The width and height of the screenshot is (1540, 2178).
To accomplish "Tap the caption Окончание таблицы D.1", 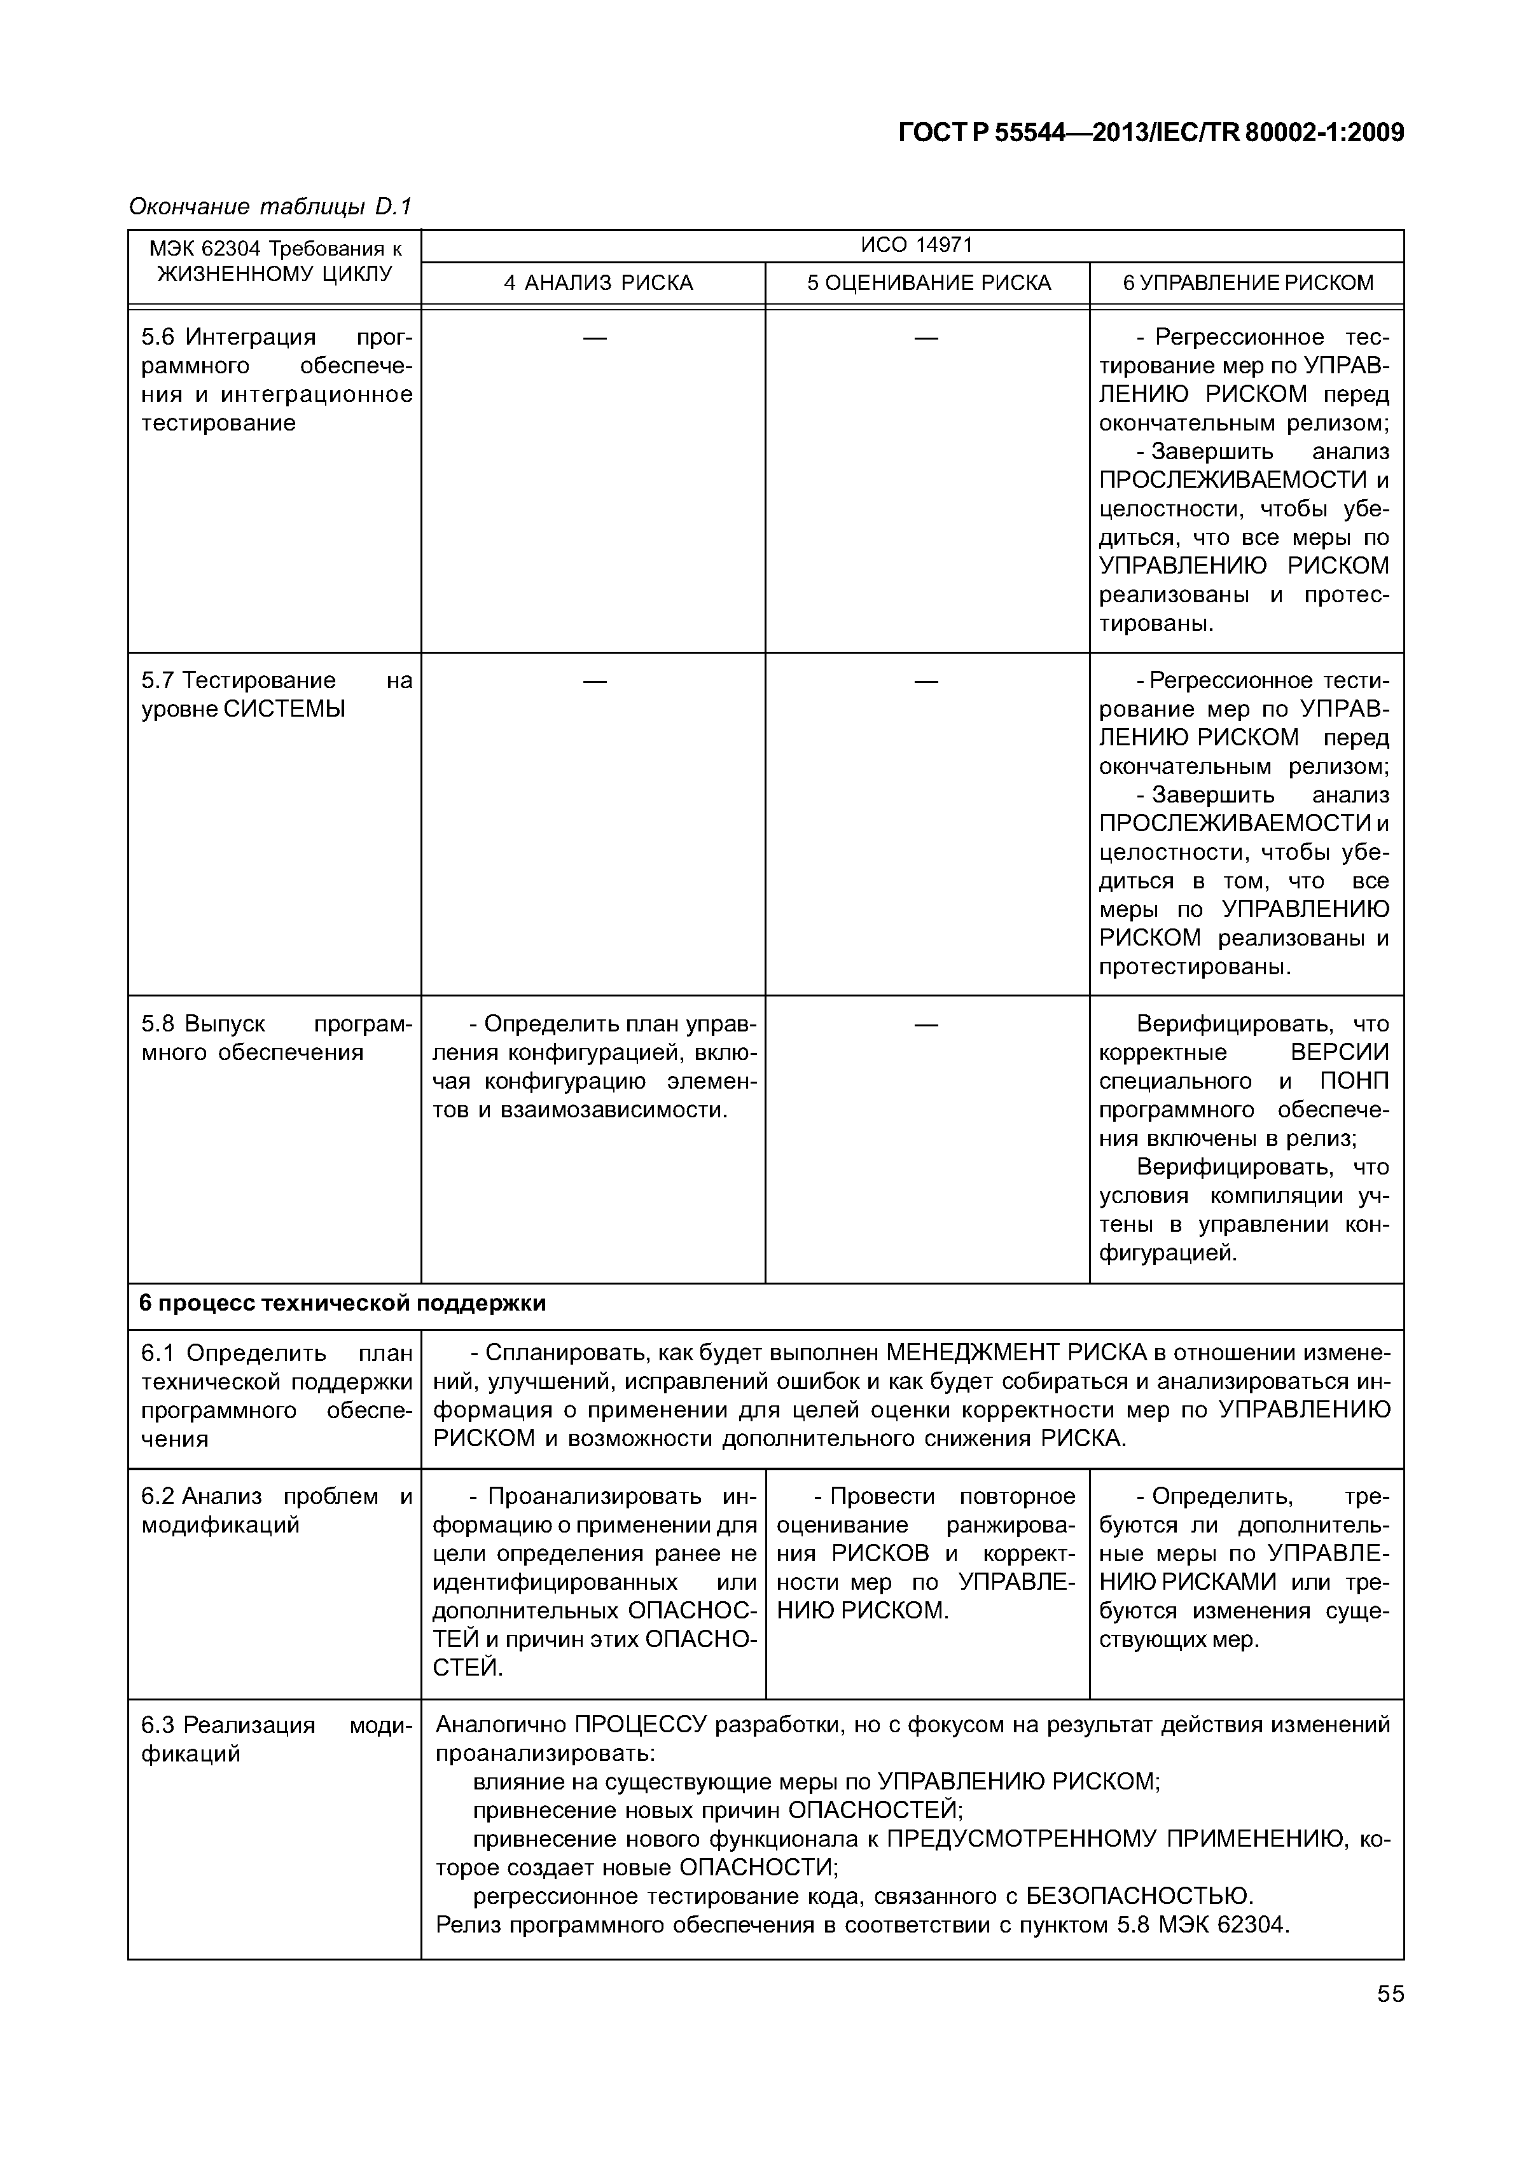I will point(270,206).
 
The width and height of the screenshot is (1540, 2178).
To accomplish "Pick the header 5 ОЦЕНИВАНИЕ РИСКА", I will point(928,283).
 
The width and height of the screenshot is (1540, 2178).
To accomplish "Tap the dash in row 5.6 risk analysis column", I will point(594,338).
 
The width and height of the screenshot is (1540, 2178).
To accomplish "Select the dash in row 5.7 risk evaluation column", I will point(926,681).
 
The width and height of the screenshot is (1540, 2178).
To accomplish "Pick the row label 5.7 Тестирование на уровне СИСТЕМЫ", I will point(275,694).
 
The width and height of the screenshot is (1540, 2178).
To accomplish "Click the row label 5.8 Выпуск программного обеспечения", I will point(275,1038).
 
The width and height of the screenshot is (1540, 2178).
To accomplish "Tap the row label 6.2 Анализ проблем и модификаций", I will point(275,1510).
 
